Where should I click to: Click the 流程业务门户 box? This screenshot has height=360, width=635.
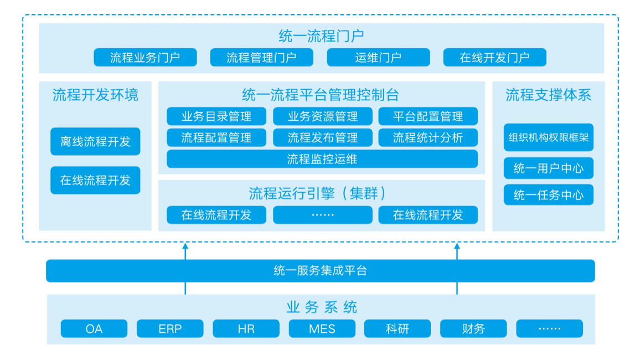pyautogui.click(x=145, y=57)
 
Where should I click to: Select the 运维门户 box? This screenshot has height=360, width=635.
pyautogui.click(x=378, y=57)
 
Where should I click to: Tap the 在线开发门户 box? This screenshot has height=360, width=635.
pyautogui.click(x=494, y=57)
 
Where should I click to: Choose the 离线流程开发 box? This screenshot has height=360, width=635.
pyautogui.click(x=95, y=141)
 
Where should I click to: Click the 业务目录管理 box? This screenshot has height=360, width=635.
pyautogui.click(x=216, y=116)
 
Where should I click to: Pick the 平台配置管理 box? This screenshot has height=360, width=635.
pyautogui.click(x=428, y=116)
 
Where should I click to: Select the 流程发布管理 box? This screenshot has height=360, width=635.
pyautogui.click(x=322, y=137)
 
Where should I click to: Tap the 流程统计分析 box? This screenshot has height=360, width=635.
pyautogui.click(x=428, y=137)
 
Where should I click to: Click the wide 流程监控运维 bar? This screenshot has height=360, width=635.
pyautogui.click(x=322, y=159)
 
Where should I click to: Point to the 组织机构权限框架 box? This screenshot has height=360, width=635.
pyautogui.click(x=548, y=137)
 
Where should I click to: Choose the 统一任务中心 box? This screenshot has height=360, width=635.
pyautogui.click(x=548, y=195)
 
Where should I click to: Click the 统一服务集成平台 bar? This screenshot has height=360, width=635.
pyautogui.click(x=320, y=271)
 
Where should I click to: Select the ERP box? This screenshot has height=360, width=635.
pyautogui.click(x=170, y=328)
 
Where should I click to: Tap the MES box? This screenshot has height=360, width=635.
pyautogui.click(x=322, y=328)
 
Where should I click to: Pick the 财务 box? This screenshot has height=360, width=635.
pyautogui.click(x=473, y=328)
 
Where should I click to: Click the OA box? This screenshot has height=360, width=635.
pyautogui.click(x=94, y=328)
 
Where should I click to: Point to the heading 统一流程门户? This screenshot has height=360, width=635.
pyautogui.click(x=321, y=37)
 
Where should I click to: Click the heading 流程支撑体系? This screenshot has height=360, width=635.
pyautogui.click(x=548, y=95)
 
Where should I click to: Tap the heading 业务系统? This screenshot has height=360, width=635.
pyautogui.click(x=322, y=307)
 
